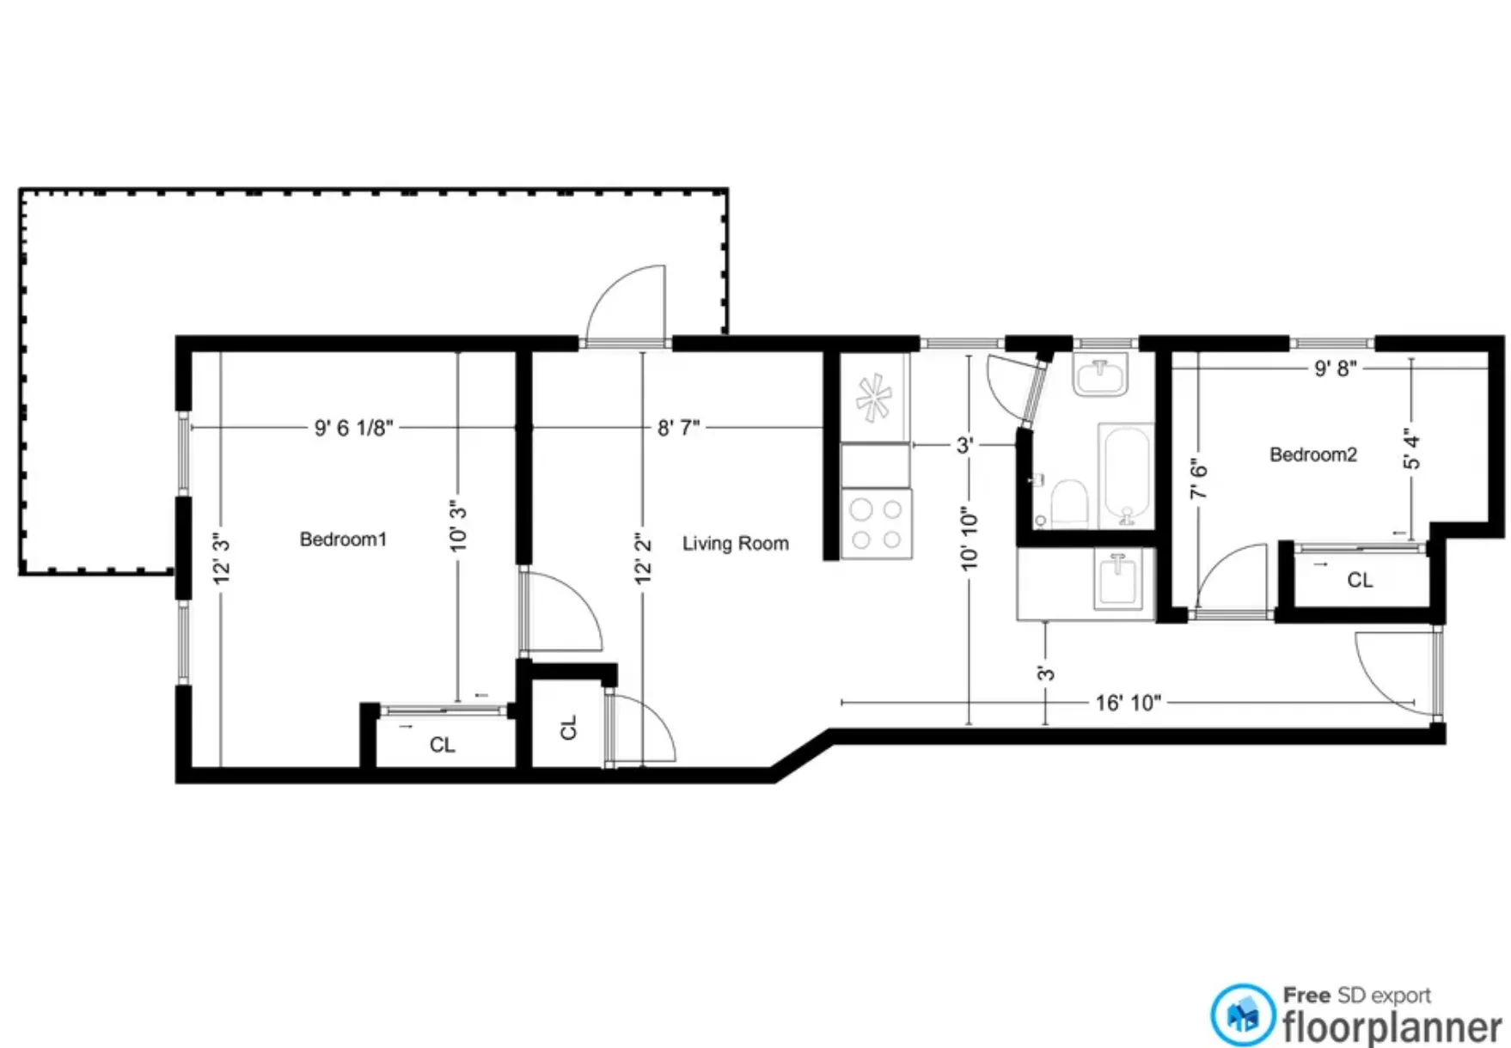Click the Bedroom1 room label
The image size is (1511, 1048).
click(343, 539)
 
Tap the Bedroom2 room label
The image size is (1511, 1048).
click(1312, 454)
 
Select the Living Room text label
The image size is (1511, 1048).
click(735, 544)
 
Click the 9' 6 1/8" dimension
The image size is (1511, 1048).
click(353, 428)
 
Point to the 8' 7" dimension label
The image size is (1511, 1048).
click(678, 428)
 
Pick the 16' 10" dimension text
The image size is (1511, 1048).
click(1128, 704)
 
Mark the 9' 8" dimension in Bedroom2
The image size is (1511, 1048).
click(1335, 369)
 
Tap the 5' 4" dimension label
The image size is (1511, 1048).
click(1411, 448)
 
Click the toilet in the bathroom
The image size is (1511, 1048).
click(1069, 503)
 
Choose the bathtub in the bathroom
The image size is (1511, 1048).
click(1126, 474)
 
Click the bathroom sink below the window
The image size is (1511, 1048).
click(1099, 375)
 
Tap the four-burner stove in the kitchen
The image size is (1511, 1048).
click(876, 524)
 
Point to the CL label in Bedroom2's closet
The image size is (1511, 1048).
click(1359, 581)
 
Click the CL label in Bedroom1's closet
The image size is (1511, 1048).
click(442, 745)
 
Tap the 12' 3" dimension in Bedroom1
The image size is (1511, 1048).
click(222, 558)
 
